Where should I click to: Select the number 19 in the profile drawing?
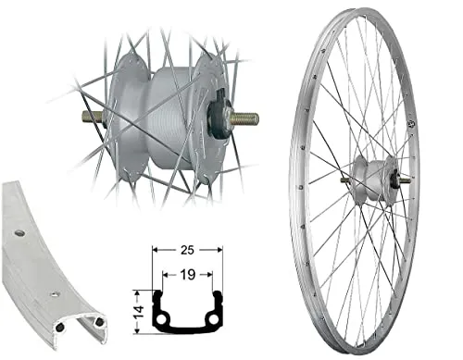coord(188,276)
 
